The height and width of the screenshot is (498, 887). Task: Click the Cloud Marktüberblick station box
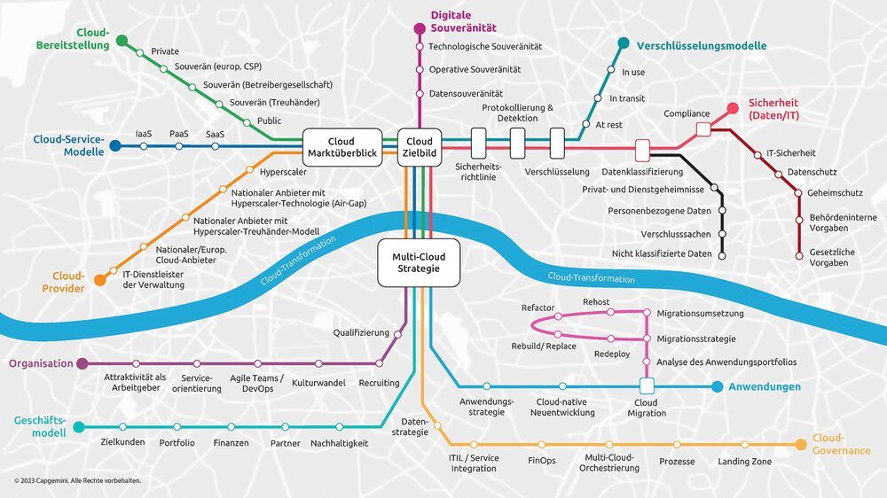pyautogui.click(x=341, y=147)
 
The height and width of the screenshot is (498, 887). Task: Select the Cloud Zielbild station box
pyautogui.click(x=420, y=147)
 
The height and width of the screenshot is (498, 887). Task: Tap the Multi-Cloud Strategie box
pyautogui.click(x=419, y=262)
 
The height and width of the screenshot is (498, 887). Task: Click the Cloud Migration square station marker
pyautogui.click(x=646, y=386)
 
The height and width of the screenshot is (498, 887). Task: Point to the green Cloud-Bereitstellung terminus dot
pyautogui.click(x=122, y=40)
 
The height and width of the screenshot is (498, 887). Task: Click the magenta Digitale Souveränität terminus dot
pyautogui.click(x=420, y=28)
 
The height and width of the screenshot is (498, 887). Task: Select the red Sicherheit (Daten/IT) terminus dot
pyautogui.click(x=733, y=108)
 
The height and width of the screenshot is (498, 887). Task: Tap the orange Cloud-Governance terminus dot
pyautogui.click(x=802, y=444)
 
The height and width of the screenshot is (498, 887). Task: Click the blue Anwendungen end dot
pyautogui.click(x=717, y=386)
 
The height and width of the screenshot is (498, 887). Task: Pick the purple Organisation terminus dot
pyautogui.click(x=82, y=363)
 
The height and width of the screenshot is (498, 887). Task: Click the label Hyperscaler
pyautogui.click(x=284, y=171)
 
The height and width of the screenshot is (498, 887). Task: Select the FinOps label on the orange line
pyautogui.click(x=541, y=462)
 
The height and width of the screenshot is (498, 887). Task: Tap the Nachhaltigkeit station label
pyautogui.click(x=339, y=442)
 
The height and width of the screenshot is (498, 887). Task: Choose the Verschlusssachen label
pyautogui.click(x=676, y=234)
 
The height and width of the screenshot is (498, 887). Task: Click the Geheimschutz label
pyautogui.click(x=835, y=193)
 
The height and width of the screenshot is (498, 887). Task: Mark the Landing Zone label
pyautogui.click(x=744, y=462)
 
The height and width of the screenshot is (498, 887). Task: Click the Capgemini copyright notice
pyautogui.click(x=77, y=481)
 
